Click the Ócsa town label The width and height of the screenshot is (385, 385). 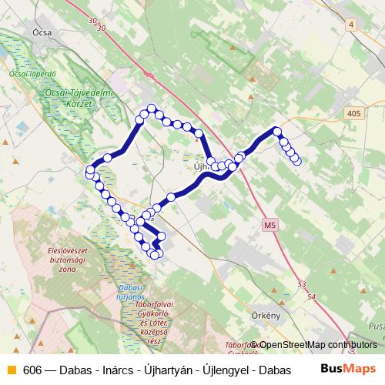click(42, 32)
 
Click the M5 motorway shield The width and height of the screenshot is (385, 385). click(269, 225)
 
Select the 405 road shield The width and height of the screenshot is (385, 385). click(353, 113)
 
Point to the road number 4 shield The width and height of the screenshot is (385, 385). click(352, 25)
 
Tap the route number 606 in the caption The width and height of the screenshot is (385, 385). click(32, 370)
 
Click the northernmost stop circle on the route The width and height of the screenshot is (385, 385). click(152, 109)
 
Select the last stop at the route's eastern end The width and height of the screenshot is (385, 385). click(296, 160)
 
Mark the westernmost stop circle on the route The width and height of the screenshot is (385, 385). click(90, 170)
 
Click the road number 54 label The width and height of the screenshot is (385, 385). click(310, 296)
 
